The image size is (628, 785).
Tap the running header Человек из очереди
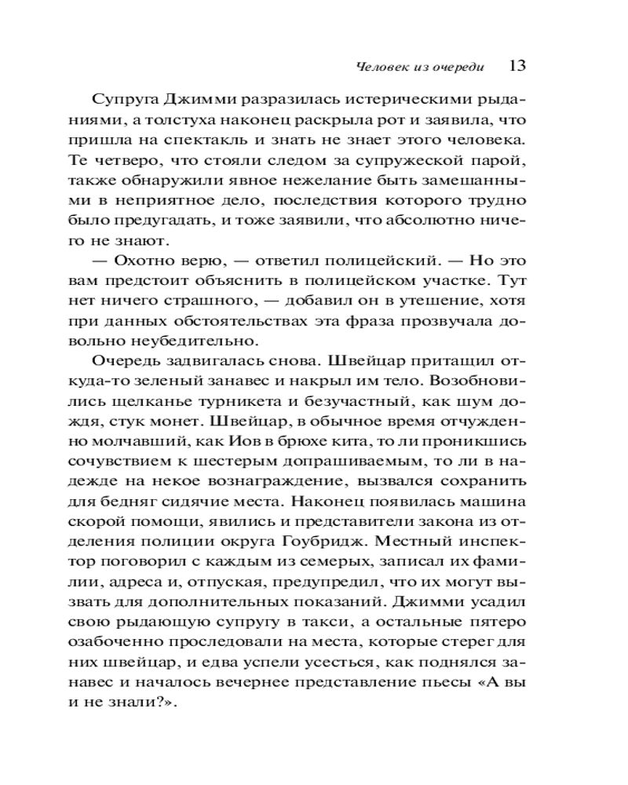419,68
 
